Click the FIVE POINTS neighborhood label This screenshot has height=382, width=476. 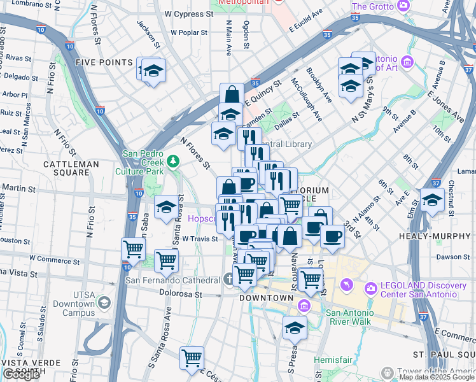[x=104, y=62]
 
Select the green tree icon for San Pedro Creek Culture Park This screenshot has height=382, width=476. [x=172, y=162]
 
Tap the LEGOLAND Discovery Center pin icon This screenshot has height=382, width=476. [x=347, y=285]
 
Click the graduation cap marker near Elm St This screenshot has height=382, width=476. [x=432, y=200]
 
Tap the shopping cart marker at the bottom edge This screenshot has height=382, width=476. [x=191, y=358]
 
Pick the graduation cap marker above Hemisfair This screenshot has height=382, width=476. [x=294, y=328]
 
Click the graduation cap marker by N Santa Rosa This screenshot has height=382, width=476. [x=166, y=207]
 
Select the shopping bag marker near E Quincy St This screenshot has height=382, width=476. [x=232, y=95]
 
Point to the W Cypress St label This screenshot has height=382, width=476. [x=188, y=13]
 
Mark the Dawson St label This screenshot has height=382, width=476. [x=452, y=257]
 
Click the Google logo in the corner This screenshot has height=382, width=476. [x=22, y=374]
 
